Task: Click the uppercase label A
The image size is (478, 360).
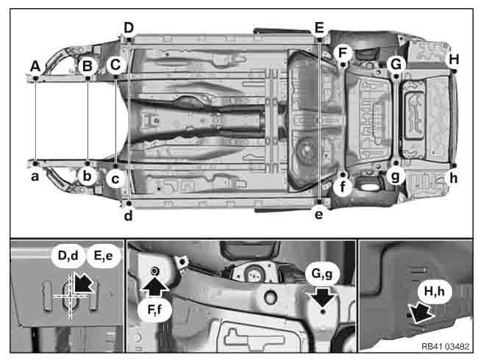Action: (x=35, y=66)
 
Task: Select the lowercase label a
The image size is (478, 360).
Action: (x=35, y=176)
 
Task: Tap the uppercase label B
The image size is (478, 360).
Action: (x=88, y=65)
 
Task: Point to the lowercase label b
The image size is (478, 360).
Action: (x=87, y=177)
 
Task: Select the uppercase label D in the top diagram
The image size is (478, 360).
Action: (x=129, y=28)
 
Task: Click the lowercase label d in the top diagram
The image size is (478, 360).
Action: (x=129, y=215)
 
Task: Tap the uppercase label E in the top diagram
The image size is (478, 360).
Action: (x=318, y=28)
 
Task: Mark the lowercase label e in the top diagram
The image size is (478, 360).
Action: (x=318, y=215)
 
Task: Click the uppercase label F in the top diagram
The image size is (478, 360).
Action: (x=342, y=52)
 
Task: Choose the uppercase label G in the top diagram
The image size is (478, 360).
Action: (x=396, y=64)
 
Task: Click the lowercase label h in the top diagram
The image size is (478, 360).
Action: (x=454, y=178)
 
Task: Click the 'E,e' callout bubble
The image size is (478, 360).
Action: (x=102, y=256)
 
